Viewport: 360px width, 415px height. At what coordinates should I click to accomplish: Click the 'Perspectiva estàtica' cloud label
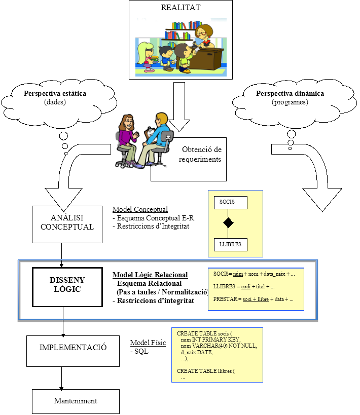coord(55,94)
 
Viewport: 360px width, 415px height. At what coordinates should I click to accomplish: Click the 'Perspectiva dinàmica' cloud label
coord(290,94)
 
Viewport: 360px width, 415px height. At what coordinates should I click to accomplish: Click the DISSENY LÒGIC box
coord(67,284)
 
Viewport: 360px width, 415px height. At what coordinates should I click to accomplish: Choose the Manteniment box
coord(76,401)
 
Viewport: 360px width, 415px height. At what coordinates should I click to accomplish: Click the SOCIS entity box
coord(230,202)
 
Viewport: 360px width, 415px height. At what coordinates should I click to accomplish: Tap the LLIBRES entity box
coord(230,245)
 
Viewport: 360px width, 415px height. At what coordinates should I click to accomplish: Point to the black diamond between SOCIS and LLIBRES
coord(229,223)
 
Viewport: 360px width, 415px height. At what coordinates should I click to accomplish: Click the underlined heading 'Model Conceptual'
coord(140,209)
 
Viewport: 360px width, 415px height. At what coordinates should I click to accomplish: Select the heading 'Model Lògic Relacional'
coord(150,275)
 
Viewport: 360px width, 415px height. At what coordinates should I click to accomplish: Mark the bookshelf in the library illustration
coord(181,30)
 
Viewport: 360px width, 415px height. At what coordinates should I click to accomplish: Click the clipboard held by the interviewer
coord(150,134)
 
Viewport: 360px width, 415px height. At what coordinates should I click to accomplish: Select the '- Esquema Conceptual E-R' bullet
coord(153,218)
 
